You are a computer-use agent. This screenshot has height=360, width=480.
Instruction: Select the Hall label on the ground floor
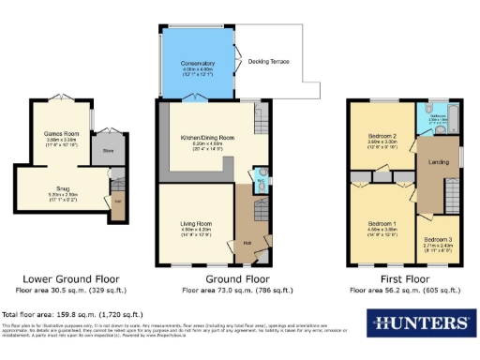[x=247, y=242]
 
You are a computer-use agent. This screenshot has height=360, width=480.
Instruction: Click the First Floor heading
[x=401, y=279]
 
